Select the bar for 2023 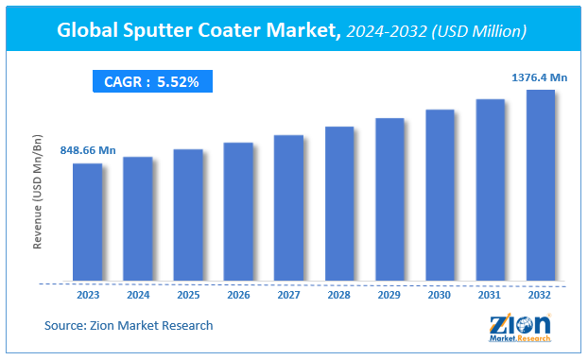pos(87,223)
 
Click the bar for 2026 pos(238,213)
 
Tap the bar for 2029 pos(389,200)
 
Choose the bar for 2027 pos(288,209)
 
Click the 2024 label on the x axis pos(138,295)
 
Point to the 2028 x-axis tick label pos(339,295)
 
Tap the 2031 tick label pos(490,295)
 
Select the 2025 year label pos(188,295)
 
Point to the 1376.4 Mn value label pos(539,77)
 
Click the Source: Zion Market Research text pos(129,326)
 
